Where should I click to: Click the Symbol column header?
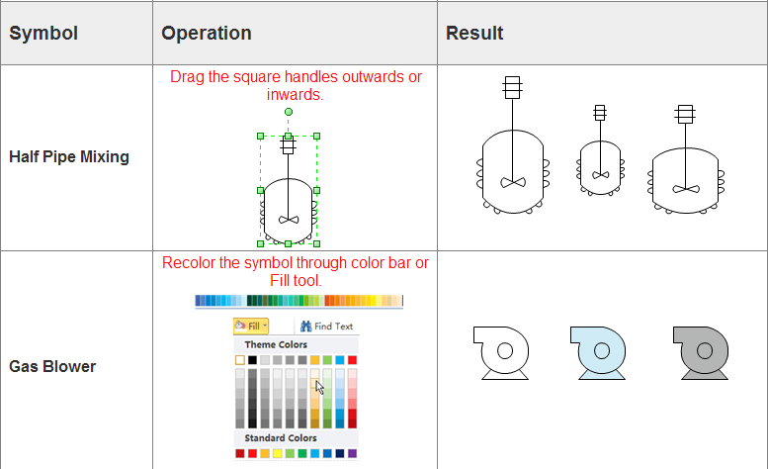pyautogui.click(x=43, y=34)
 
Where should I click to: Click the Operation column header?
pyautogui.click(x=207, y=34)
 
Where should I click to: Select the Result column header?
pyautogui.click(x=474, y=34)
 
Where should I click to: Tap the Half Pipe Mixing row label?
pyautogui.click(x=69, y=156)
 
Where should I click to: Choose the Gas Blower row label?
pyautogui.click(x=52, y=366)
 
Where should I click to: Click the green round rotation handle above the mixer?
pyautogui.click(x=289, y=112)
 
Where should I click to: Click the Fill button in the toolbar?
pyautogui.click(x=251, y=326)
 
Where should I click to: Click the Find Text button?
pyautogui.click(x=326, y=326)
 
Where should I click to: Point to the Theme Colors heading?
pyautogui.click(x=276, y=344)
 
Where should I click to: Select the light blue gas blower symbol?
pyautogui.click(x=600, y=351)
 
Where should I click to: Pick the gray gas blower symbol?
pyautogui.click(x=703, y=351)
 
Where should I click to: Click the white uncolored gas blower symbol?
pyautogui.click(x=501, y=351)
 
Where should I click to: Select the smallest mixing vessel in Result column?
pyautogui.click(x=600, y=158)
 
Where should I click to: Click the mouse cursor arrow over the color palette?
pyautogui.click(x=319, y=387)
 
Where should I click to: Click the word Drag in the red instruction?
pyautogui.click(x=188, y=77)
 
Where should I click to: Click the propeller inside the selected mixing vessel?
pyautogui.click(x=289, y=219)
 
